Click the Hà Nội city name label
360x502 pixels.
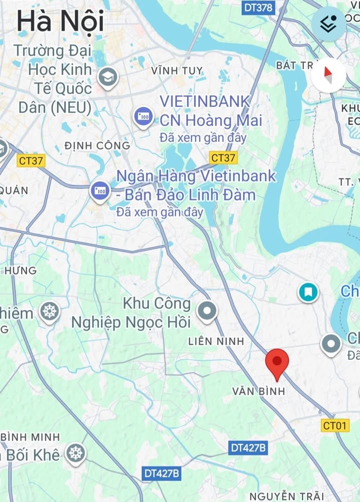[x=60, y=21]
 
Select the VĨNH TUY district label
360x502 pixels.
[x=177, y=71]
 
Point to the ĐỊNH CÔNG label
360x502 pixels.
[x=97, y=146]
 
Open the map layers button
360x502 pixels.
[x=328, y=23]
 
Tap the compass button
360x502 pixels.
[x=328, y=75]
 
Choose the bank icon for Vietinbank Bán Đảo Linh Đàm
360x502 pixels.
[x=100, y=191]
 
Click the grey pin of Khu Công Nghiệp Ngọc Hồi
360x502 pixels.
[x=206, y=311]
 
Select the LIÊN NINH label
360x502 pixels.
[x=216, y=342]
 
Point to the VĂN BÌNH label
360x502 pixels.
[x=258, y=391]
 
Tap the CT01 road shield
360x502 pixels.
[x=334, y=425]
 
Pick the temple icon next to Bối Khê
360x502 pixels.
[x=76, y=454]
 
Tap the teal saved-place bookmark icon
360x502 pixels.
[x=308, y=292]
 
